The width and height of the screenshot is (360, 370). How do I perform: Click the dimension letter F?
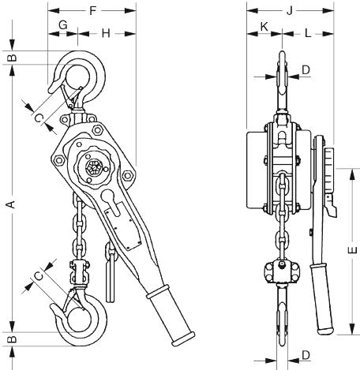point(92,11)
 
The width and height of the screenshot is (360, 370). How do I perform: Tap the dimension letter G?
point(63,25)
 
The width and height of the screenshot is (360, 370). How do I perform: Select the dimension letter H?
point(106,33)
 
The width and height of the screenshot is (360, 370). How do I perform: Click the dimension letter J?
point(290,11)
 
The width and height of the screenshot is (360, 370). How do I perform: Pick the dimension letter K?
point(264,27)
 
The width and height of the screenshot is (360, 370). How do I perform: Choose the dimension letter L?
point(308,33)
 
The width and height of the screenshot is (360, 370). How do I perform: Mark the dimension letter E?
point(352,250)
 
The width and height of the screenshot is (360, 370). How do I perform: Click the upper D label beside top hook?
point(306,70)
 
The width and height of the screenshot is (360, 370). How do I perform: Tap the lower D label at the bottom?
point(306,355)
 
